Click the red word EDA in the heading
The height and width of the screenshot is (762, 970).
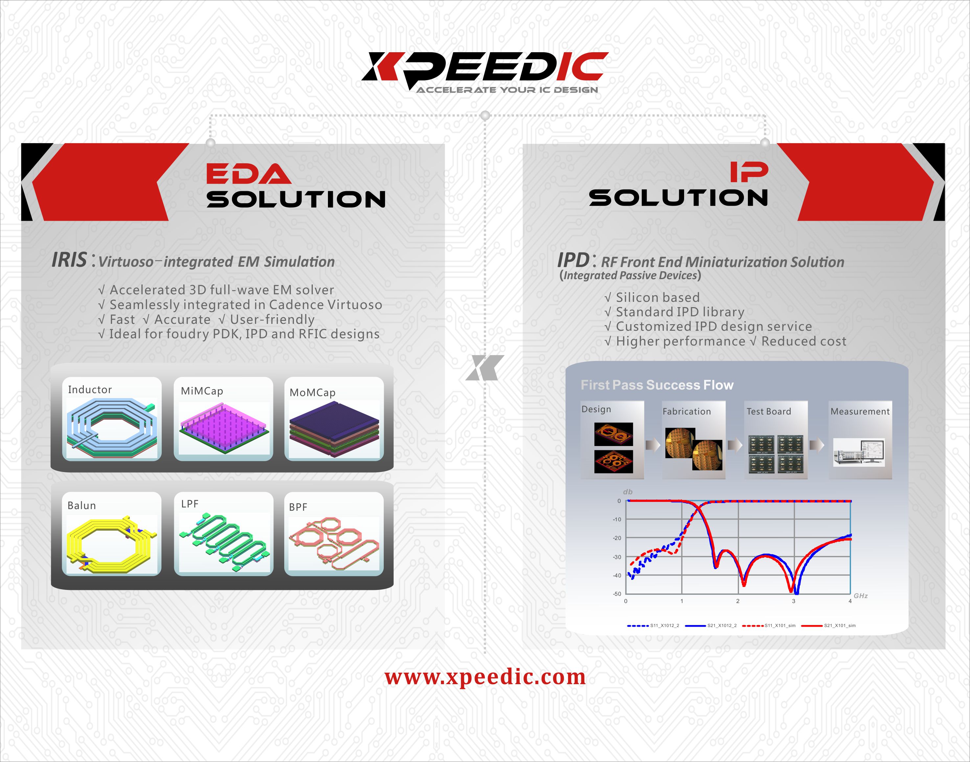(249, 173)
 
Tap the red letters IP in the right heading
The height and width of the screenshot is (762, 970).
(749, 172)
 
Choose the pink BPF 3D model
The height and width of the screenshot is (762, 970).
(334, 543)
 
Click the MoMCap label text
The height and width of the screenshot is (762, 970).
(312, 392)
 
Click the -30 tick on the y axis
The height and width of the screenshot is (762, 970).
(616, 557)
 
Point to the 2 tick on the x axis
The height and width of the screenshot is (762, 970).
(737, 601)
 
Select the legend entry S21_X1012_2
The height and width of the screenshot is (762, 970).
(711, 625)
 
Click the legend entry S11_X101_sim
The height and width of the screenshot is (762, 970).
(769, 625)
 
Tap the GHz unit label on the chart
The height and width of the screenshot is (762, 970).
(861, 595)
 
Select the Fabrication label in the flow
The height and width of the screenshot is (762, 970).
(686, 411)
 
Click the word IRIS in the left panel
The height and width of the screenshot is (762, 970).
(69, 260)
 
